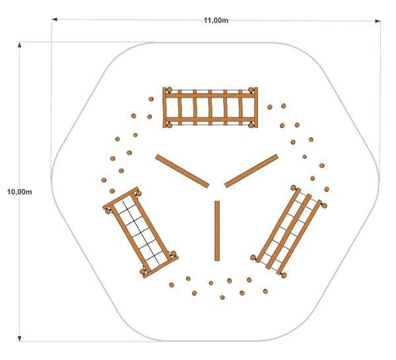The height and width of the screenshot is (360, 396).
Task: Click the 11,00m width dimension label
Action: [x=216, y=20]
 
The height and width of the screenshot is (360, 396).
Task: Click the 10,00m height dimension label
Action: [x=19, y=192]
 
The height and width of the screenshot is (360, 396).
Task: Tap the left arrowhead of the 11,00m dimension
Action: [x=55, y=19]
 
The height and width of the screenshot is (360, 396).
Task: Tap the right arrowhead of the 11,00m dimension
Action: [x=378, y=21]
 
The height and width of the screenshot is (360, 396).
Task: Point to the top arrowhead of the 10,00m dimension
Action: [x=19, y=45]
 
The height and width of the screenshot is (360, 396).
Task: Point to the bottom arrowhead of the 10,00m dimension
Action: [x=19, y=338]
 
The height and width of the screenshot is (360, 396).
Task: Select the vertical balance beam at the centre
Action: [x=217, y=231]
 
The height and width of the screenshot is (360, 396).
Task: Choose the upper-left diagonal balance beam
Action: [x=182, y=171]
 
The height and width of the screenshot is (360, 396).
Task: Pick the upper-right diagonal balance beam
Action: [x=251, y=171]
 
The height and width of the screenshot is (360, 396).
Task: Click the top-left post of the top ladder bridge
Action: [x=169, y=90]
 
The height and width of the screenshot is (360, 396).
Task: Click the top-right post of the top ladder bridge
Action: [x=251, y=90]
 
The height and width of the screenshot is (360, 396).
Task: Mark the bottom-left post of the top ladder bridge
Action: [x=169, y=125]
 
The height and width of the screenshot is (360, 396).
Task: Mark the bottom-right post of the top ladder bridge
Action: [x=251, y=125]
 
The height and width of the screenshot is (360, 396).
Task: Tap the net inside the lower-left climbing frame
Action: [x=141, y=233]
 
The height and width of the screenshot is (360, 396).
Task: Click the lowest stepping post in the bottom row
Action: [x=222, y=297]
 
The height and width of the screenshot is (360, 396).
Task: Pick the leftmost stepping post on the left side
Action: [x=104, y=180]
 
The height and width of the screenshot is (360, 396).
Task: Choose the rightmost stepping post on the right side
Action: [x=327, y=189]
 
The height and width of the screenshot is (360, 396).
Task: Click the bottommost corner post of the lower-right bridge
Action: [x=284, y=275]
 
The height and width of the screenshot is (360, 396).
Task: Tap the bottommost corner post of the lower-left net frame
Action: [x=143, y=272]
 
